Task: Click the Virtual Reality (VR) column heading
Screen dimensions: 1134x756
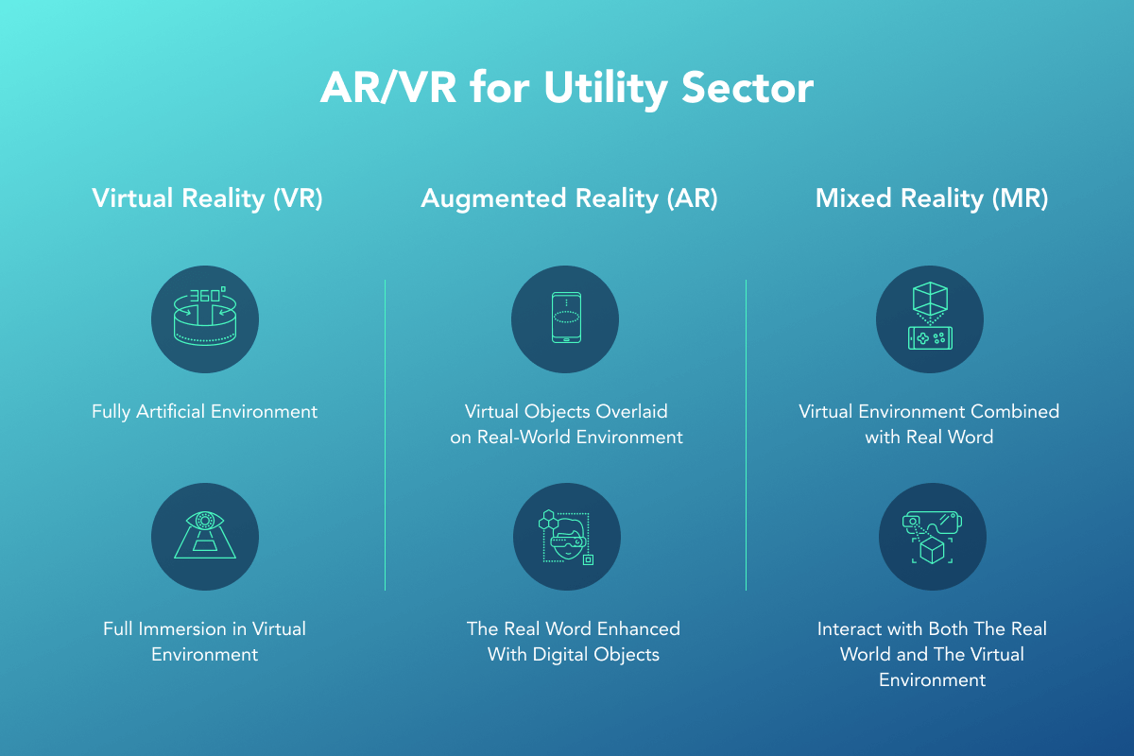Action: coord(207,198)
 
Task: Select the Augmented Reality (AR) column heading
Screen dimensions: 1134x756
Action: coord(569,198)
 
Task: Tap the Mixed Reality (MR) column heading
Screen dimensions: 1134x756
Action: coord(931,198)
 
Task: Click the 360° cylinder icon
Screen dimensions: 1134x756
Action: coord(205,317)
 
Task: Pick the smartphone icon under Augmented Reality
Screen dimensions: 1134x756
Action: coord(566,318)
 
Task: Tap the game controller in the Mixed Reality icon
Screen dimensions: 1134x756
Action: coord(930,338)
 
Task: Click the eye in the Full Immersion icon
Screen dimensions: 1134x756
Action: coord(204,521)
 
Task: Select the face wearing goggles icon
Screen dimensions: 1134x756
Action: coord(566,537)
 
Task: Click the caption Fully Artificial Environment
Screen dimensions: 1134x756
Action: coord(204,412)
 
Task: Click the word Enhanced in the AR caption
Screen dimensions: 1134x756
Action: coord(639,629)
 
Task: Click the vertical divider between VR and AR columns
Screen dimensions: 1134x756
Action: coord(386,435)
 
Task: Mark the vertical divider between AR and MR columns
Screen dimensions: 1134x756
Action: coord(747,435)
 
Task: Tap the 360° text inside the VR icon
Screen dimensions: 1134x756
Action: coord(208,295)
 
